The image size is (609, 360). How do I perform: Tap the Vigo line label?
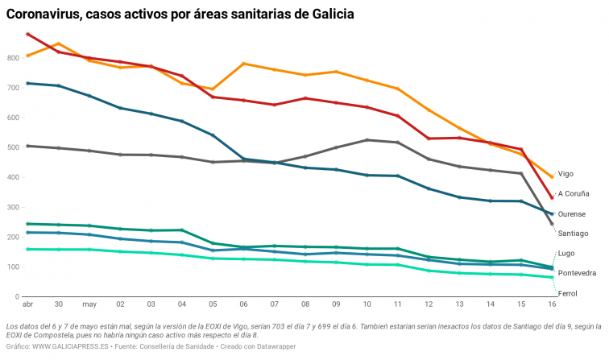(565, 174)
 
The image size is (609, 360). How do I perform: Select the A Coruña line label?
(574, 194)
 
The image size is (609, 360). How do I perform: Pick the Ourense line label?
(572, 214)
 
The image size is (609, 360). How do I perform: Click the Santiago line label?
(574, 234)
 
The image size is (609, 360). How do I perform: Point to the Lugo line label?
(565, 254)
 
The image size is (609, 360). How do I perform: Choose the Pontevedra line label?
(577, 274)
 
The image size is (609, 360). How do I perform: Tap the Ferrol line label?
(567, 294)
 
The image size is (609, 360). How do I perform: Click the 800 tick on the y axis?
(12, 59)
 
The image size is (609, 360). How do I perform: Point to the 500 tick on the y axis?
(12, 148)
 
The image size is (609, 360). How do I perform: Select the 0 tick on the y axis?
(17, 297)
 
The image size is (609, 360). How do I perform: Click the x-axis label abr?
(27, 305)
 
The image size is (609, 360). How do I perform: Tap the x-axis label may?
(89, 305)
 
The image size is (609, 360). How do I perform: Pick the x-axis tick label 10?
(367, 305)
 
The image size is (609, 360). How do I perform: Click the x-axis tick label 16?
(552, 305)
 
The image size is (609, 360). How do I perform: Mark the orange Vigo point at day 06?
(244, 64)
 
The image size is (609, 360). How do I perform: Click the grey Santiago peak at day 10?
(367, 140)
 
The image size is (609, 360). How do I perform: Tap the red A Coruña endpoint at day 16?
(552, 198)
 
